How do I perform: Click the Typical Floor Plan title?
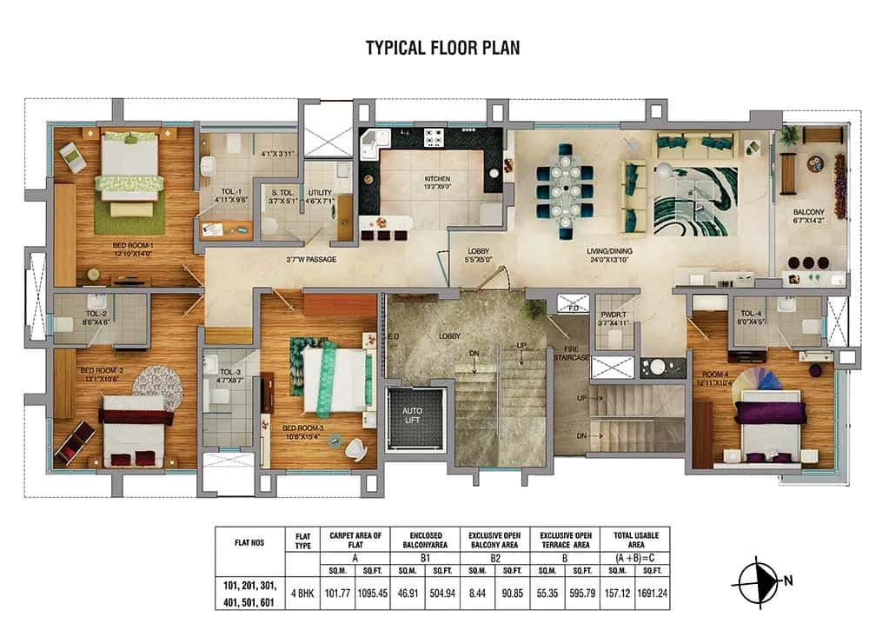click(x=442, y=47)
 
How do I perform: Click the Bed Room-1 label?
click(x=132, y=250)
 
